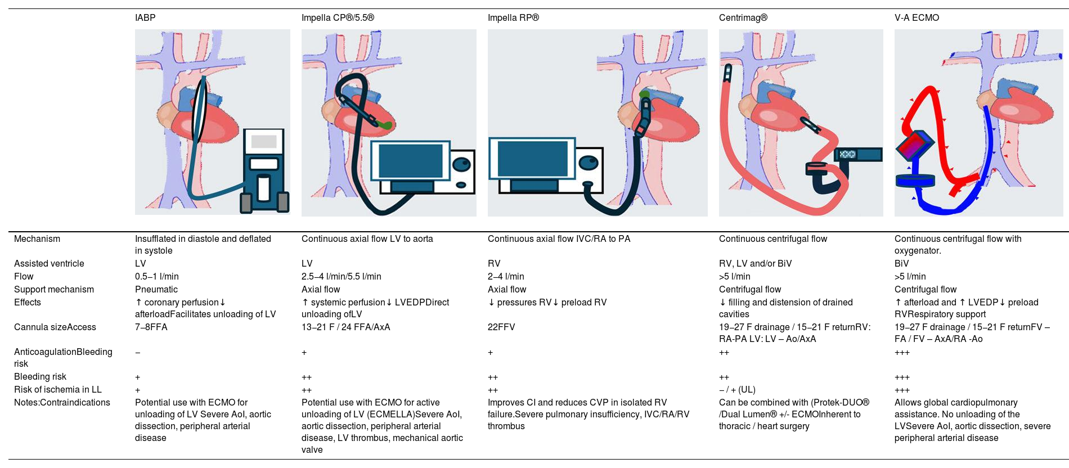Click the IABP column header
click(x=145, y=18)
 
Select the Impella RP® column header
click(x=513, y=18)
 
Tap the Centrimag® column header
click(x=743, y=18)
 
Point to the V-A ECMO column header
click(x=917, y=18)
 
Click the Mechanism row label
click(x=37, y=239)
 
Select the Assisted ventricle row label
click(x=49, y=264)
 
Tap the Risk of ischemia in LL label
click(x=58, y=390)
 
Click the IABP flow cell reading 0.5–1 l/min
click(x=157, y=277)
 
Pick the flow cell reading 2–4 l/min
click(x=506, y=277)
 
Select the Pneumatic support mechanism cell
click(x=156, y=290)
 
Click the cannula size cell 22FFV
click(x=501, y=327)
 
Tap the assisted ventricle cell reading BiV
click(x=902, y=264)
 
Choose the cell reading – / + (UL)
click(x=737, y=390)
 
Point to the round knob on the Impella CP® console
click(x=462, y=164)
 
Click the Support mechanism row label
click(x=54, y=290)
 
